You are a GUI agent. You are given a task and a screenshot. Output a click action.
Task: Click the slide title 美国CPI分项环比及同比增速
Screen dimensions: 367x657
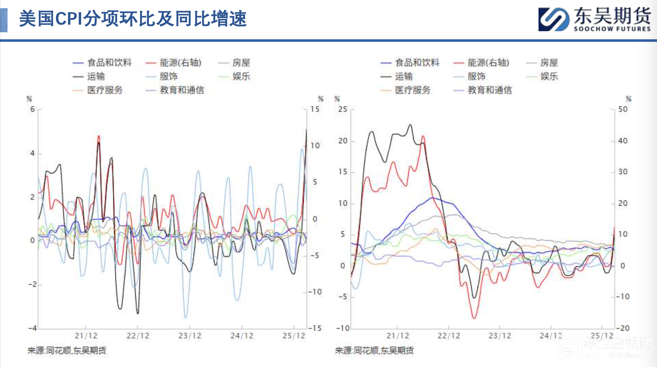[133, 19]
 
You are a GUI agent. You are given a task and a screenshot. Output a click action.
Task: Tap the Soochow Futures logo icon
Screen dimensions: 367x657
[553, 19]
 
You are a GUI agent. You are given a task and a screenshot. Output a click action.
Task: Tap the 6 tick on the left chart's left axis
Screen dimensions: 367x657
[32, 109]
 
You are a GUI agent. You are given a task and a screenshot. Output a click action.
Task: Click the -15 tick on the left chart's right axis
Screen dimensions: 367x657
[315, 328]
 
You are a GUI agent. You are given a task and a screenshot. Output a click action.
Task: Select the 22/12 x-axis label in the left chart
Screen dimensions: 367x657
[138, 336]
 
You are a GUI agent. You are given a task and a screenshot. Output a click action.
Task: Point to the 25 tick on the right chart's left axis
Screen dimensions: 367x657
[342, 109]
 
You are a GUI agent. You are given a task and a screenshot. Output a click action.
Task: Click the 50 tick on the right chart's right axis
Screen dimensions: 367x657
[623, 109]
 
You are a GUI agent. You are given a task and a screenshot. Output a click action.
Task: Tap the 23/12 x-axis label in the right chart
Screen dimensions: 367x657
[500, 336]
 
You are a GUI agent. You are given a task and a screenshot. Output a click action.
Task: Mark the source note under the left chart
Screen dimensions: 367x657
[67, 351]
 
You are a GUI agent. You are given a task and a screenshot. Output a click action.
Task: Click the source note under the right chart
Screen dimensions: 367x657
[374, 351]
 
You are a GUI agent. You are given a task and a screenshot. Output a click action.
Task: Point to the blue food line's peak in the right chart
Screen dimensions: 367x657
[432, 198]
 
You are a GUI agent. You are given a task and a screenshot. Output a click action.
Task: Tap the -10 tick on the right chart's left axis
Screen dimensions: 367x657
[342, 328]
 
